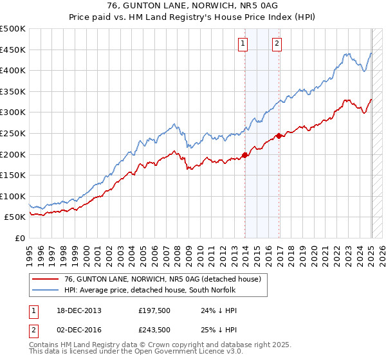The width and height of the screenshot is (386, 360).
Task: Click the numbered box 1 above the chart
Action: [x=243, y=44]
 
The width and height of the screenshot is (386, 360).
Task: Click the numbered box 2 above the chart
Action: [x=277, y=44]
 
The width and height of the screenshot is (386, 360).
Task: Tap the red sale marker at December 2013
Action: [x=245, y=154]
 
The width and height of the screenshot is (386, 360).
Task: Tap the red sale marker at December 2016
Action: [x=279, y=136]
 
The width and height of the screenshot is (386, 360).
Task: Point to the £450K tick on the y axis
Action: [x=14, y=50]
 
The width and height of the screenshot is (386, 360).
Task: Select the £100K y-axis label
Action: [x=14, y=196]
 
